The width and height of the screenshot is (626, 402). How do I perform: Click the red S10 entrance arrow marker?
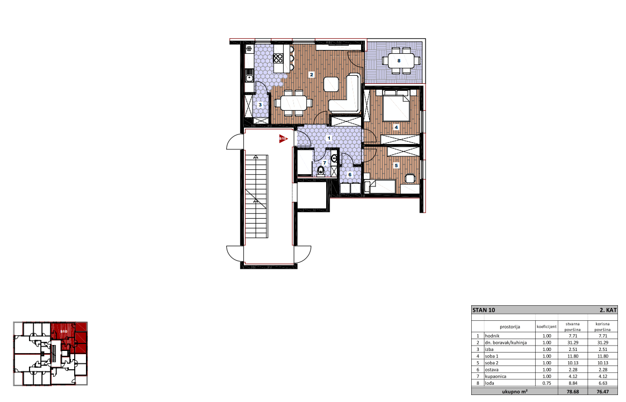283,139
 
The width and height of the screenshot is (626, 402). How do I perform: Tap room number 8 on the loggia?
399,61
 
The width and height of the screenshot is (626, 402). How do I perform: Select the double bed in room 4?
396,105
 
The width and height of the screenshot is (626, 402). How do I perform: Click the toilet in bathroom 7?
321,171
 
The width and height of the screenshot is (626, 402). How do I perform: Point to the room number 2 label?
312,75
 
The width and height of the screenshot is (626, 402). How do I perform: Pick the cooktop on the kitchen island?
278,59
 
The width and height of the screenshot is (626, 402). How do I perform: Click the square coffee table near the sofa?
332,84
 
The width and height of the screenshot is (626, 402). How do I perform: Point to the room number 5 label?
396,166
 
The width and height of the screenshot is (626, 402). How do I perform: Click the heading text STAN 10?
484,310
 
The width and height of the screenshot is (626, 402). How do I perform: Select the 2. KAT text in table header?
608,310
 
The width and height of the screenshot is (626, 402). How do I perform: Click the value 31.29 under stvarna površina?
573,342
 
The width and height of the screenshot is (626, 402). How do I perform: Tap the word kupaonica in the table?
495,376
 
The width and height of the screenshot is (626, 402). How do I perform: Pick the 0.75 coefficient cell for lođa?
546,383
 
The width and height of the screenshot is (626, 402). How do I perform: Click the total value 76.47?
603,392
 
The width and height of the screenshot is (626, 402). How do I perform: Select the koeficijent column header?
546,327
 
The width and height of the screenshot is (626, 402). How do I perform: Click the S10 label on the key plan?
63,332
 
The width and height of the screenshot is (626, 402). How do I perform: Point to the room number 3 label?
260,105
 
